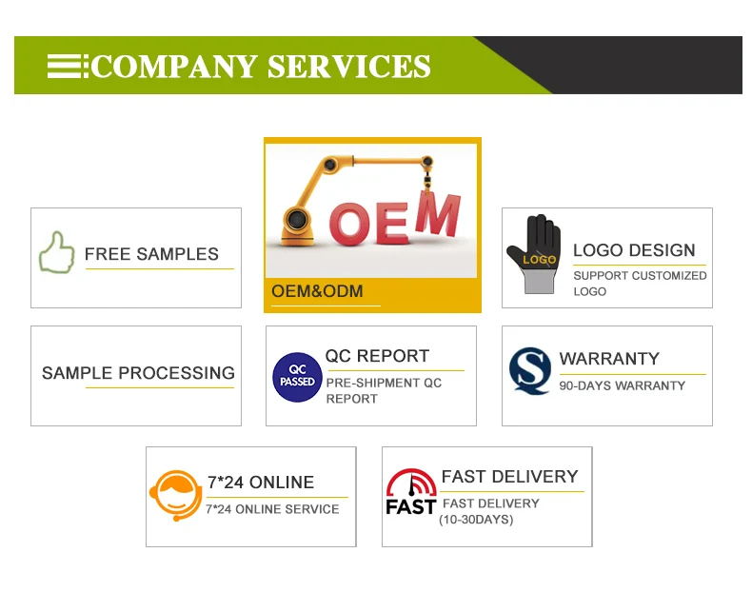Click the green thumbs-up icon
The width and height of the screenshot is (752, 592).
pyautogui.click(x=56, y=253)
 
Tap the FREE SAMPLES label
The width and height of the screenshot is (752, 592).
pyautogui.click(x=151, y=254)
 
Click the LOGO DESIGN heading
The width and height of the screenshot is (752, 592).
pyautogui.click(x=634, y=250)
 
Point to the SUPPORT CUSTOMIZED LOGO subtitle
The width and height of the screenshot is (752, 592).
pyautogui.click(x=640, y=283)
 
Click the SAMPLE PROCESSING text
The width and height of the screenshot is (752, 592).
pyautogui.click(x=138, y=373)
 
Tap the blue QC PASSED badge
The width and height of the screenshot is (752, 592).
pyautogui.click(x=297, y=377)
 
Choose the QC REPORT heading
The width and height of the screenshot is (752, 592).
pyautogui.click(x=377, y=356)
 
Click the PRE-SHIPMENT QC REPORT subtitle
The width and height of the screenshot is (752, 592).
pyautogui.click(x=384, y=390)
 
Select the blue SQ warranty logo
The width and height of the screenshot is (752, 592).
pyautogui.click(x=530, y=371)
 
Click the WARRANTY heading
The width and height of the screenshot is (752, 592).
pyautogui.click(x=609, y=359)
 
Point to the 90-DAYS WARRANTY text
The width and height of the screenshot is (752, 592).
pyautogui.click(x=622, y=385)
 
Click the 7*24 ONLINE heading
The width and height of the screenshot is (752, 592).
pyautogui.click(x=260, y=483)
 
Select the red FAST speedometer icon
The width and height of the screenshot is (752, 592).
pyautogui.click(x=411, y=491)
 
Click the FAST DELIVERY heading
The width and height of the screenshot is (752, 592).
pyautogui.click(x=509, y=477)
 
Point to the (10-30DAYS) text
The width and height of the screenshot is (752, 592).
pyautogui.click(x=475, y=520)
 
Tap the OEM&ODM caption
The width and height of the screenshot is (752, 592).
pyautogui.click(x=317, y=291)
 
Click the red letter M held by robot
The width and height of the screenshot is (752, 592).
pyautogui.click(x=439, y=216)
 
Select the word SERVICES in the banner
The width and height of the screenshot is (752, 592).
pyautogui.click(x=348, y=67)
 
